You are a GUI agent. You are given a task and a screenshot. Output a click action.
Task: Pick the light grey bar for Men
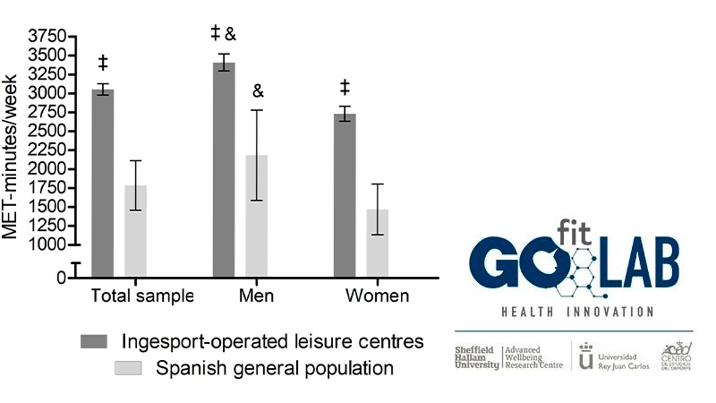tap(256, 215)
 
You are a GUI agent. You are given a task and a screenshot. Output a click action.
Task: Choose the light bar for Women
tap(377, 243)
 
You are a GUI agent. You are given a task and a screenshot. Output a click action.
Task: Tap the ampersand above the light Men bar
tap(258, 91)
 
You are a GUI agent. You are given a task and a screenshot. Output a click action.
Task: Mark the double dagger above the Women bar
tap(345, 87)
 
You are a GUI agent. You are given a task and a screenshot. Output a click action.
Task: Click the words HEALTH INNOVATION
tap(574, 312)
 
